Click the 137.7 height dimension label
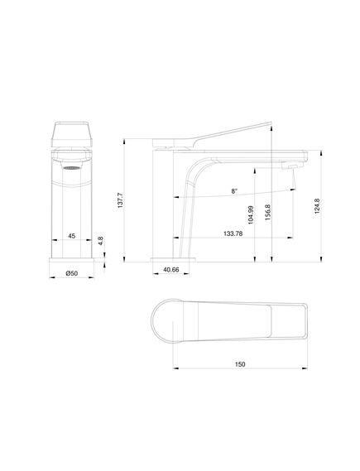point(120,200)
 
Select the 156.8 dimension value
point(268,213)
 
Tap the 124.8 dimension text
point(317,206)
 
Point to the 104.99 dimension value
point(251,214)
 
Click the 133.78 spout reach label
point(233,233)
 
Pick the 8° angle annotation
point(234,190)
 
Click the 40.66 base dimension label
point(170,270)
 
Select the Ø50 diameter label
point(72,273)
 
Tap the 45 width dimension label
point(71,236)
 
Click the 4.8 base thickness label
point(101,241)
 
